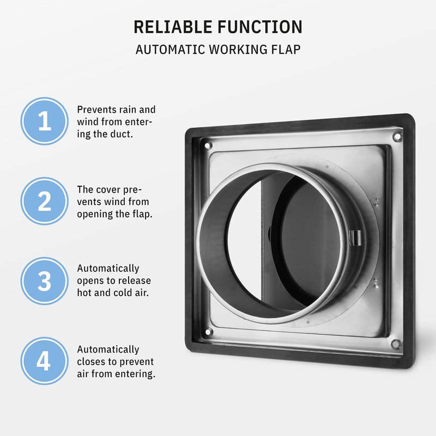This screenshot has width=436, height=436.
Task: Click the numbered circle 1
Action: point(45,121)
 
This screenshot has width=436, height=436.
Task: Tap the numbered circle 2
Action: point(45,201)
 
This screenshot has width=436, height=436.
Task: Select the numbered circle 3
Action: point(45,281)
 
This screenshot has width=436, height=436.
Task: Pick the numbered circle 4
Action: point(45,361)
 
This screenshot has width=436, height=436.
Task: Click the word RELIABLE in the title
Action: point(173,27)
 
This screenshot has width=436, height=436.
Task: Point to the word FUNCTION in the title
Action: point(260,27)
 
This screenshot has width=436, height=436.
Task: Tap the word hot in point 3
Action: point(84,293)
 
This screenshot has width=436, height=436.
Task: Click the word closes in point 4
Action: point(91,361)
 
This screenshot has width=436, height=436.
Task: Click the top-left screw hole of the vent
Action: point(207,145)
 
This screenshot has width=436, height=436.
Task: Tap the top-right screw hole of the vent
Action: point(397,136)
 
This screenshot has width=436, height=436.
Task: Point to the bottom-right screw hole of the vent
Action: point(396,343)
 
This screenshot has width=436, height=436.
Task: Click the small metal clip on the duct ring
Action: point(355,238)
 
